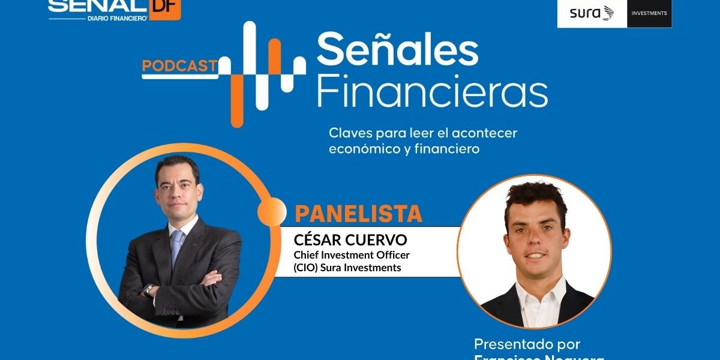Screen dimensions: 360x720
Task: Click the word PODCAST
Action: (x=179, y=66)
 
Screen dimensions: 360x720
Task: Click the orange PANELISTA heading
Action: (x=358, y=214)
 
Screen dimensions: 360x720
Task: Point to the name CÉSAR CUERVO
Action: (x=350, y=240)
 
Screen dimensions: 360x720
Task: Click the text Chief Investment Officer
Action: (x=351, y=256)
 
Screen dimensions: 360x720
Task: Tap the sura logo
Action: (x=592, y=13)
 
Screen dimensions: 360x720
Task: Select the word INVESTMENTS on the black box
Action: (x=649, y=13)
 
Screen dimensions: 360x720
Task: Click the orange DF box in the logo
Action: (x=164, y=8)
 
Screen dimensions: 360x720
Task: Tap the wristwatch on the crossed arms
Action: (x=148, y=290)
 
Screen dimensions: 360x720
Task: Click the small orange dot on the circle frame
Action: (x=272, y=211)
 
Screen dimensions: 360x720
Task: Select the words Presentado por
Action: (x=527, y=344)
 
